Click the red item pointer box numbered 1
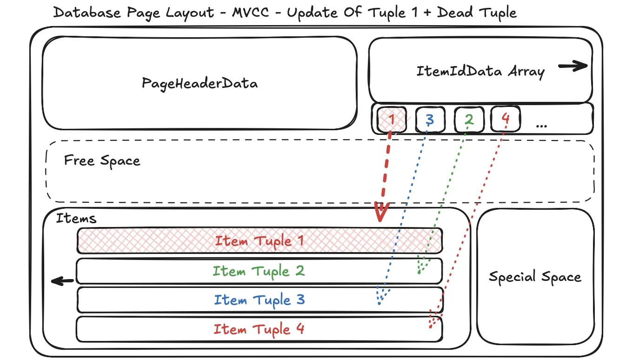392,120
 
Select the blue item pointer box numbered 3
430,120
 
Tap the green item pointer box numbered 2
469,120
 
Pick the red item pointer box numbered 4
506,119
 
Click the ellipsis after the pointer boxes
541,125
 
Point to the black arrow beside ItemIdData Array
573,67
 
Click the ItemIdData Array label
480,72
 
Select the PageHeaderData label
200,83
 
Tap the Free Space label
102,161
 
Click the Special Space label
535,277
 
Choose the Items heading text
76,218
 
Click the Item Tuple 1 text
259,241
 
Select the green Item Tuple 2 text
259,271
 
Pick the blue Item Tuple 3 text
259,300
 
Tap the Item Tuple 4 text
259,329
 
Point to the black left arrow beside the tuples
62,280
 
